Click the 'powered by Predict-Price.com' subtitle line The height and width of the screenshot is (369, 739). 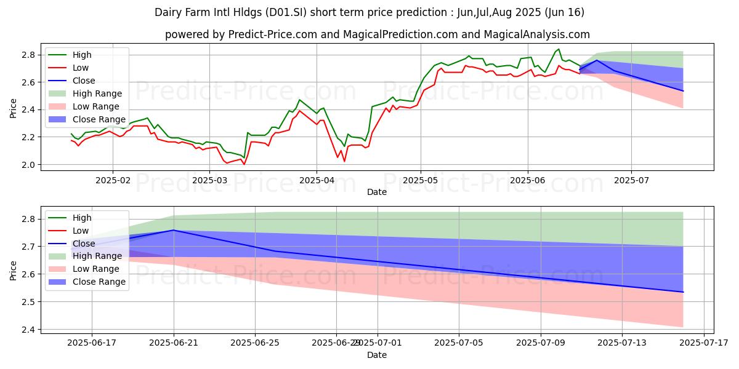pyautogui.click(x=377, y=34)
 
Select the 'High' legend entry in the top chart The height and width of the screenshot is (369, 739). pyautogui.click(x=83, y=55)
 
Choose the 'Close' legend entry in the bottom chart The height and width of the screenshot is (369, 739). pyautogui.click(x=84, y=244)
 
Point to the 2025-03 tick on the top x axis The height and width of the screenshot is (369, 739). pyautogui.click(x=209, y=181)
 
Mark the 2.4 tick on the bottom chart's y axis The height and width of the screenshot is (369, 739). pyautogui.click(x=30, y=330)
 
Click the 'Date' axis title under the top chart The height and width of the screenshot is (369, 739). pyautogui.click(x=377, y=192)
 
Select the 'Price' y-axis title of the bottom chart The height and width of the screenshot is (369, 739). pyautogui.click(x=14, y=270)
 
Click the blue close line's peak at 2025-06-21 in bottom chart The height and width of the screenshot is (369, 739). pyautogui.click(x=174, y=230)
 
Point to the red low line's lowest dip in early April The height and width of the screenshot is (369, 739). pyautogui.click(x=344, y=161)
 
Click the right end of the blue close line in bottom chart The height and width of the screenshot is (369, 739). pyautogui.click(x=683, y=292)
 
